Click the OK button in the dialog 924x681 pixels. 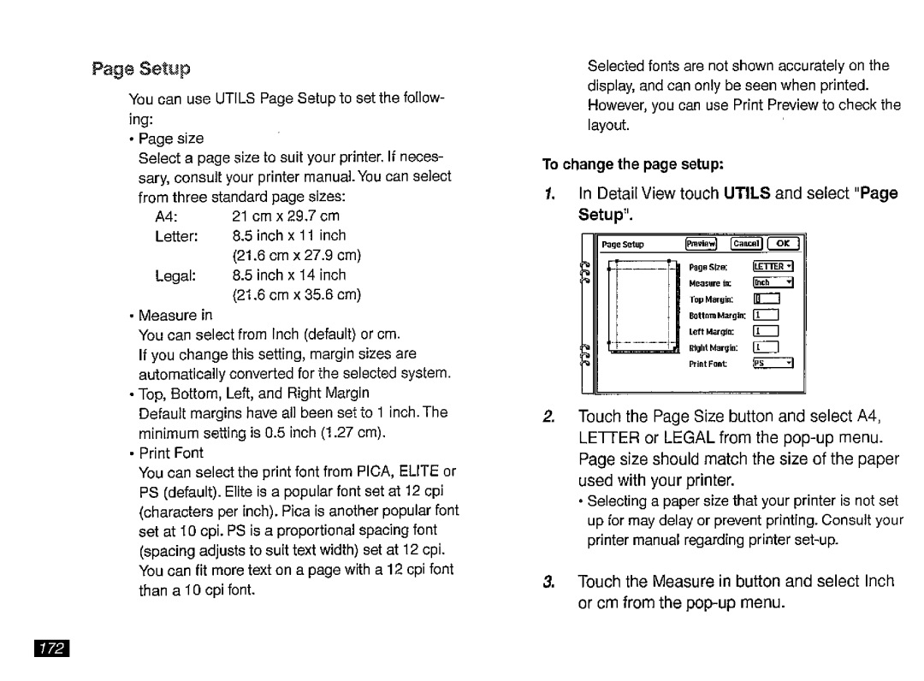point(782,244)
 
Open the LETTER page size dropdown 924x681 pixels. point(774,266)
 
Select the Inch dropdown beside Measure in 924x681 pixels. point(774,283)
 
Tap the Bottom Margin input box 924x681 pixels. point(765,315)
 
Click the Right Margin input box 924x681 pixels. point(765,347)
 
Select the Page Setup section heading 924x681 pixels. point(141,68)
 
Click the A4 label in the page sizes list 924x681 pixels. point(166,216)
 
